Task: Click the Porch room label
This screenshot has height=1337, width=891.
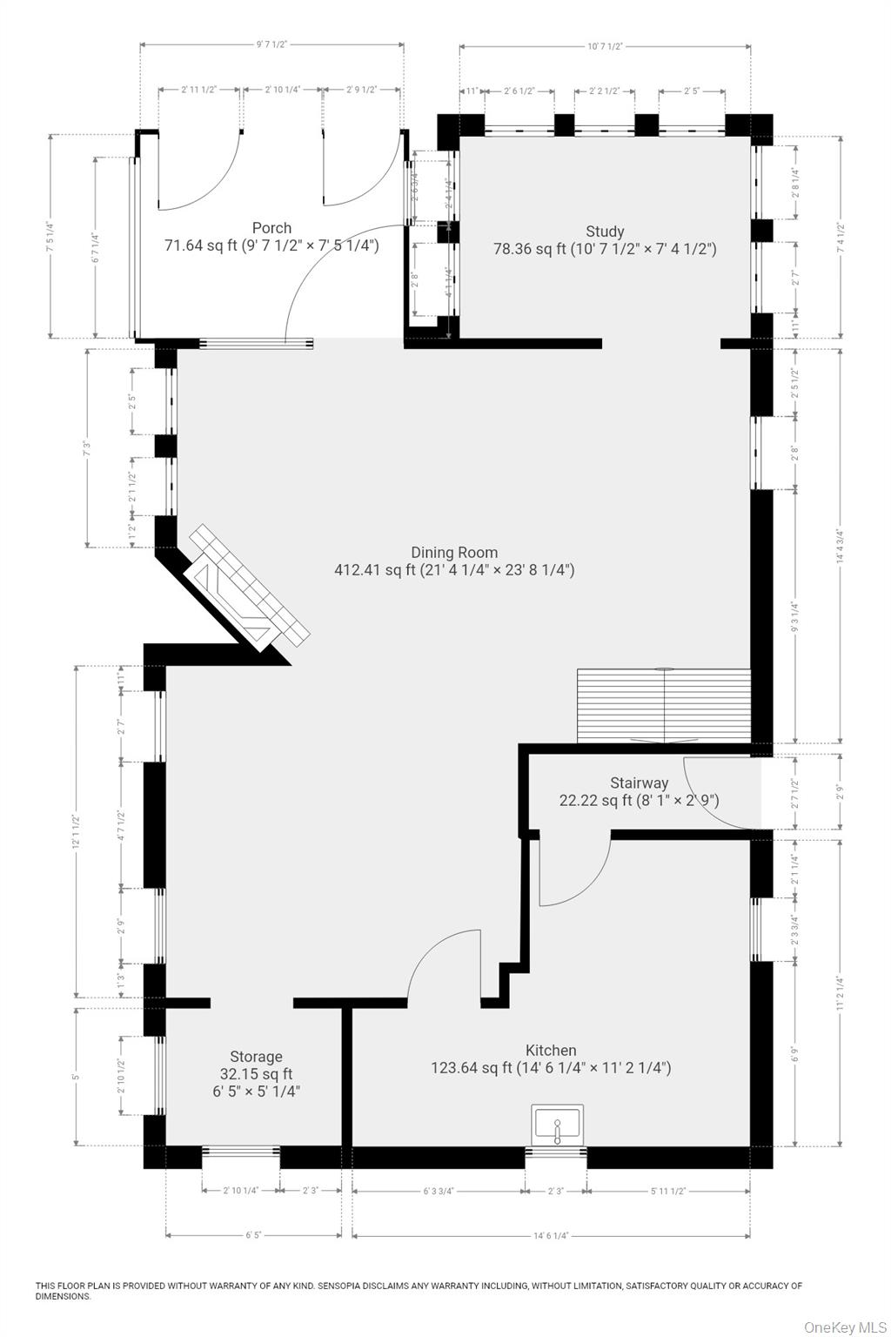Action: (271, 228)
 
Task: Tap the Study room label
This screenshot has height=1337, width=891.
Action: (605, 231)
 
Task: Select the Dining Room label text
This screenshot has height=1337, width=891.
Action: (454, 552)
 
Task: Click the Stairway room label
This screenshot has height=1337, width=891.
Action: (639, 783)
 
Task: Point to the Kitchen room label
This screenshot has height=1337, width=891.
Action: (551, 1050)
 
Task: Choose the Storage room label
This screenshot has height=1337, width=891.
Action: (256, 1057)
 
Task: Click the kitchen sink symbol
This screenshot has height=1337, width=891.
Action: (557, 1125)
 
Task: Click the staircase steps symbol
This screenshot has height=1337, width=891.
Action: (664, 704)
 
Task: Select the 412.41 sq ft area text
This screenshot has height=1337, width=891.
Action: (375, 570)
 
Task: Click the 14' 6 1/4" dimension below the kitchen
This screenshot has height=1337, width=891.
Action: (551, 1235)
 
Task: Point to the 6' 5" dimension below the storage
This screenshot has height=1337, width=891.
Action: (253, 1235)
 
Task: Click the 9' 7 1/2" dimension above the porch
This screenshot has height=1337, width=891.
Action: (271, 45)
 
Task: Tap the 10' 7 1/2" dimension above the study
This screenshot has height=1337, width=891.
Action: (605, 46)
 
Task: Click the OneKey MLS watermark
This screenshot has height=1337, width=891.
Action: (844, 1327)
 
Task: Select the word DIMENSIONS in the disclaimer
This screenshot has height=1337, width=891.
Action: (63, 1296)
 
